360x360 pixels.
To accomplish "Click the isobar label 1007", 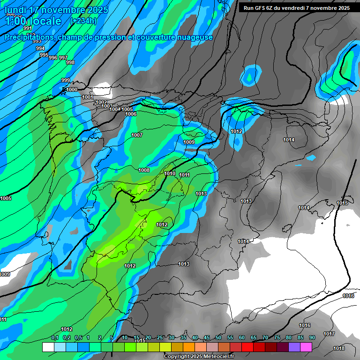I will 137,135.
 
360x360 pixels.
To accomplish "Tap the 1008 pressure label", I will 144,170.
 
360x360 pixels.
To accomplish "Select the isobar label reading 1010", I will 170,174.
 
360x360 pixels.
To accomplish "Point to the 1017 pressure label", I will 329,334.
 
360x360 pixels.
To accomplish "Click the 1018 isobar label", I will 339,348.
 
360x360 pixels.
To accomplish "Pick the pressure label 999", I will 66,80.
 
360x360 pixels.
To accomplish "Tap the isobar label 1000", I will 72,90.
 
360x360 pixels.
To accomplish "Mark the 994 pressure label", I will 40,49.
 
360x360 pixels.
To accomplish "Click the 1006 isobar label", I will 131,114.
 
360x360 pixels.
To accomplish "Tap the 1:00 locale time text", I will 33,21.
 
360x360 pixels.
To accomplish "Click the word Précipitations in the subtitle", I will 29,37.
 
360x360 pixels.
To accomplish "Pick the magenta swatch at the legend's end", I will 307,347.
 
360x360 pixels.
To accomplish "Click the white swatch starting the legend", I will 48,347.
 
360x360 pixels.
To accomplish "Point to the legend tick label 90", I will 312,337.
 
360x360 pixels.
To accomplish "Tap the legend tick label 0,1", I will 55,337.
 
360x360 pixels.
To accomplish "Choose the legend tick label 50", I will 218,337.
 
